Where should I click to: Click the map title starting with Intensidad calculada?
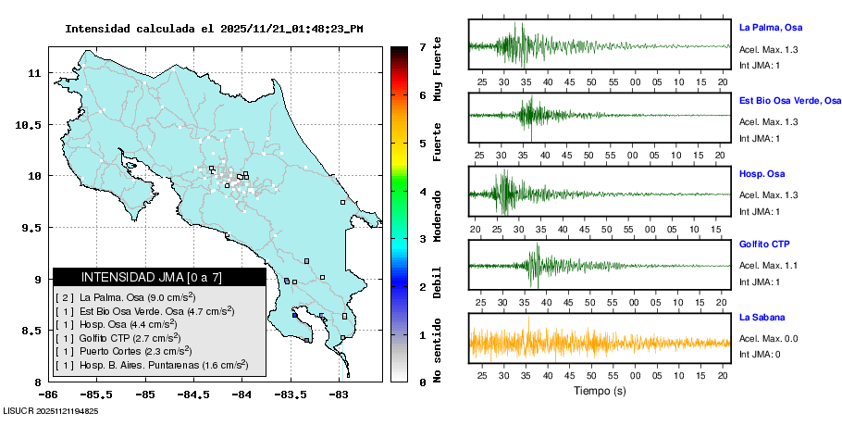(x=214, y=29)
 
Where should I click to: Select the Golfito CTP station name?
(x=764, y=244)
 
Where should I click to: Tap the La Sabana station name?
(x=761, y=318)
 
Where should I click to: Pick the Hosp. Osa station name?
(x=762, y=173)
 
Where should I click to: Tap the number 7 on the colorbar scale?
(x=422, y=46)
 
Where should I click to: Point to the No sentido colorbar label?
(x=437, y=351)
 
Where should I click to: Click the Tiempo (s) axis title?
(x=598, y=391)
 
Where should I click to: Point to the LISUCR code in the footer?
(x=51, y=411)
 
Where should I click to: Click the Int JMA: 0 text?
(x=760, y=354)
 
